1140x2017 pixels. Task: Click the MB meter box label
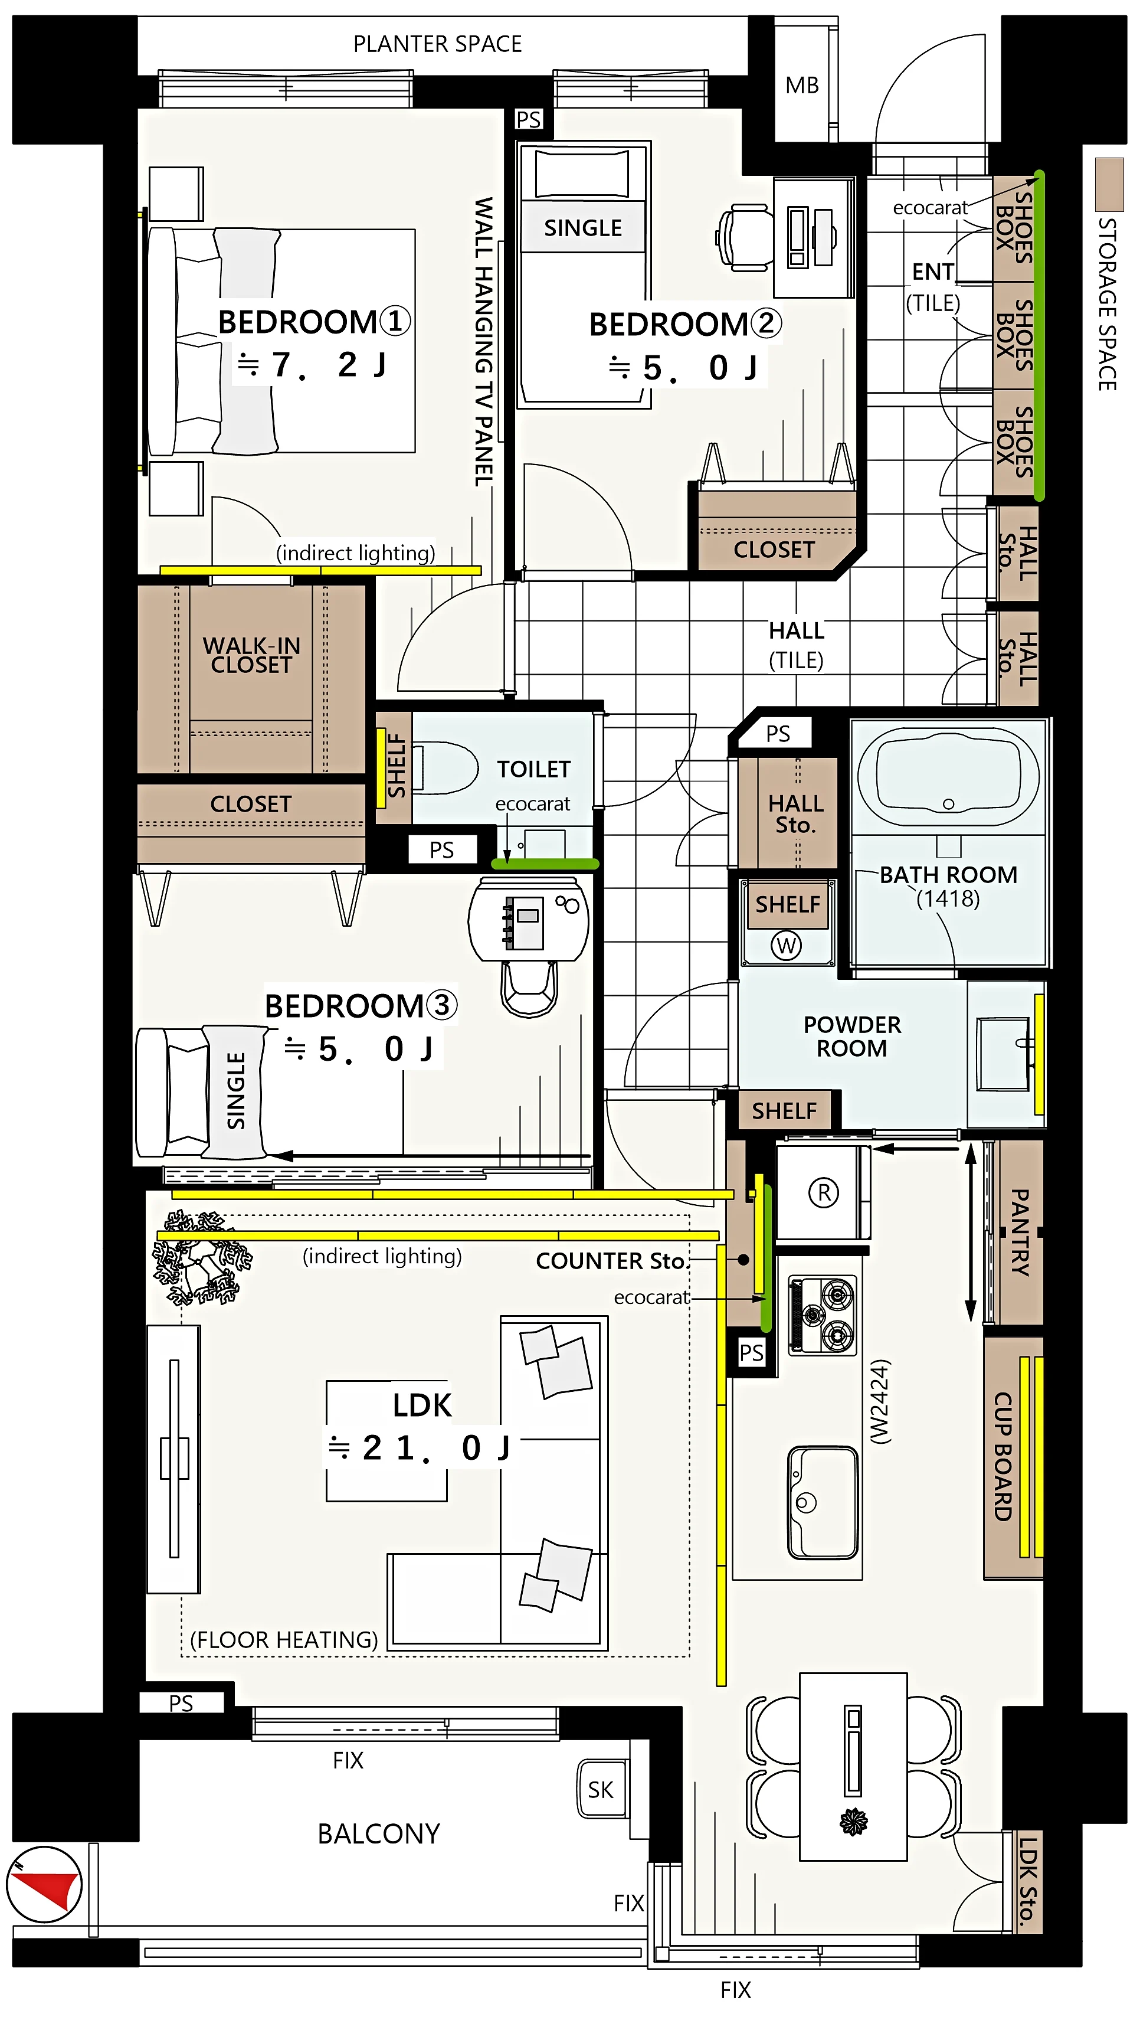click(802, 84)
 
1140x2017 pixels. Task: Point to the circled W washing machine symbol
click(787, 945)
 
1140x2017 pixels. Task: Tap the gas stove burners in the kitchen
click(822, 1315)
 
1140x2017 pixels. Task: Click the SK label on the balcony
click(601, 1789)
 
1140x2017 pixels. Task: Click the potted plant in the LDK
click(201, 1257)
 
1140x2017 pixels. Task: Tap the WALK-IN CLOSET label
click(251, 655)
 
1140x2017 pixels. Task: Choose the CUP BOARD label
click(1003, 1456)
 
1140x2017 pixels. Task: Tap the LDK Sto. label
click(1027, 1881)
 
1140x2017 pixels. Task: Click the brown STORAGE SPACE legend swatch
click(1109, 184)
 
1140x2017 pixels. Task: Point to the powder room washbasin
click(1003, 1053)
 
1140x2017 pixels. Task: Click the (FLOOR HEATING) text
click(284, 1640)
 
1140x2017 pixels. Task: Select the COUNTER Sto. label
click(611, 1261)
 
